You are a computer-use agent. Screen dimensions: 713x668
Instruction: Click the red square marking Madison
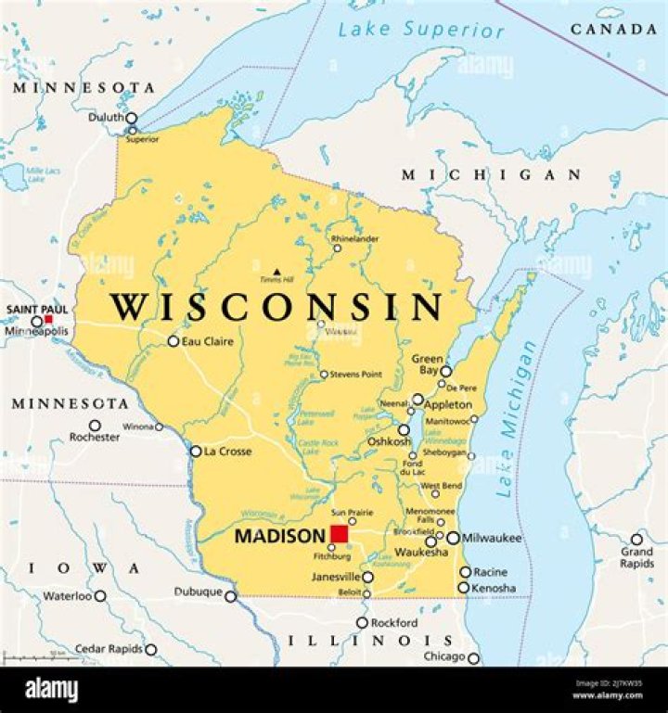(340, 535)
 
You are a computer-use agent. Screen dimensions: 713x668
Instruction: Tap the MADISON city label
(279, 536)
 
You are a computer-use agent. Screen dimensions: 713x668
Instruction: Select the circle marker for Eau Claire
(173, 341)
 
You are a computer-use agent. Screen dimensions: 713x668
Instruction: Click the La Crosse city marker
(196, 452)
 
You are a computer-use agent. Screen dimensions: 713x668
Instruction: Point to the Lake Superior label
(421, 30)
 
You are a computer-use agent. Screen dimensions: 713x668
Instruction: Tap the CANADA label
(613, 30)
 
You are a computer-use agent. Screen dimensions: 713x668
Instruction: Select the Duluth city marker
(131, 119)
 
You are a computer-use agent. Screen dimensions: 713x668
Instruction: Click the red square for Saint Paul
(48, 319)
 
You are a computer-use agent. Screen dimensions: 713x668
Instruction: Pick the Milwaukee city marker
(453, 538)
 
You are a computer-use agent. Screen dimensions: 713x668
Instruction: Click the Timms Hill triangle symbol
(276, 273)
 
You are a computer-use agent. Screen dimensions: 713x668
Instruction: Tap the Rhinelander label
(355, 238)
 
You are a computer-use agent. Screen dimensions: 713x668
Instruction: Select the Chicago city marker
(473, 658)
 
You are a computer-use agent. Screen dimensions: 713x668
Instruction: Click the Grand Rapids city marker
(636, 539)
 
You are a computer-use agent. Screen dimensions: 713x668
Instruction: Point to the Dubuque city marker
(231, 596)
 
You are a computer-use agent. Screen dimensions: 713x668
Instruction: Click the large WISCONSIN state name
(276, 307)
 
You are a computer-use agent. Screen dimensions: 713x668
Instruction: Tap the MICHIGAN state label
(491, 174)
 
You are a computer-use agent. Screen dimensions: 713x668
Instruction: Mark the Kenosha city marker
(463, 588)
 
